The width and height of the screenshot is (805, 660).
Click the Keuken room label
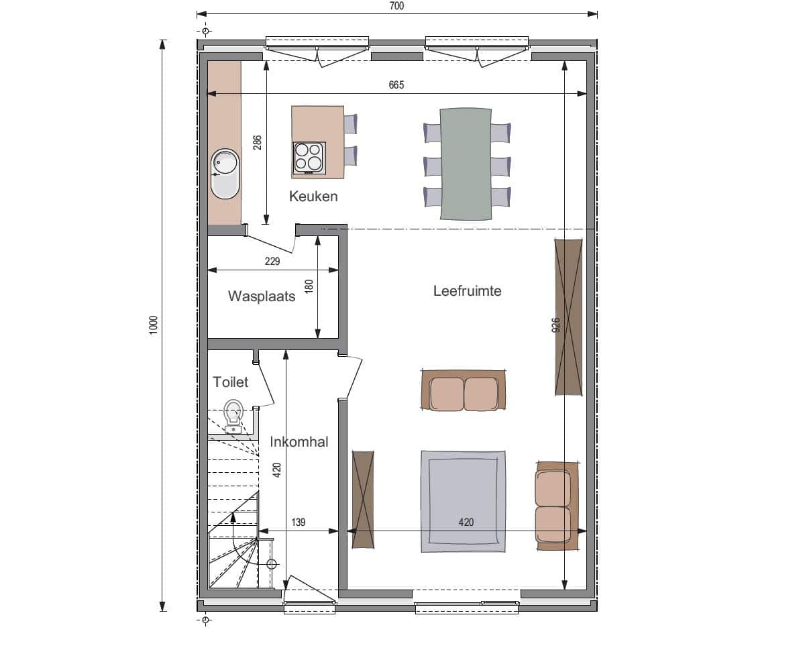313,197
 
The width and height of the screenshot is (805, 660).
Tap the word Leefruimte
467,291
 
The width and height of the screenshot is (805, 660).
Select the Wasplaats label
262,296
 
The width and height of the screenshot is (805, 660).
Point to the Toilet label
231,382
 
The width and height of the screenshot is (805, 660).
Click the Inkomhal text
299,441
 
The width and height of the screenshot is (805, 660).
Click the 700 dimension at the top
396,6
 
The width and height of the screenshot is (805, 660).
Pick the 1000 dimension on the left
154,325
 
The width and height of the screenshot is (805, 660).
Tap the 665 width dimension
396,85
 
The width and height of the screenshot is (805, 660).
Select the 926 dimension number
555,325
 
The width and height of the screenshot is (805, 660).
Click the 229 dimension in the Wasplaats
272,262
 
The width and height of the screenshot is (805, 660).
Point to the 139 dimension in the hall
299,522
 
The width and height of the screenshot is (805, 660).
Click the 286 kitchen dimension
258,143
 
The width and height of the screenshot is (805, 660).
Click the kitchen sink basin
225,174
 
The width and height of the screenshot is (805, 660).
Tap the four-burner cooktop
309,158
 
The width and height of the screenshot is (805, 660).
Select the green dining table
466,164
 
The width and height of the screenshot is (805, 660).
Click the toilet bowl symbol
233,416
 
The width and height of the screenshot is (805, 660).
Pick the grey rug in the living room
464,502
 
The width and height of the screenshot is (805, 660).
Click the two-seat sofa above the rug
464,390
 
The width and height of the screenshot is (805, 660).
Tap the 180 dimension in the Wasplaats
309,286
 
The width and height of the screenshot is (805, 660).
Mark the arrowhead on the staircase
233,517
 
